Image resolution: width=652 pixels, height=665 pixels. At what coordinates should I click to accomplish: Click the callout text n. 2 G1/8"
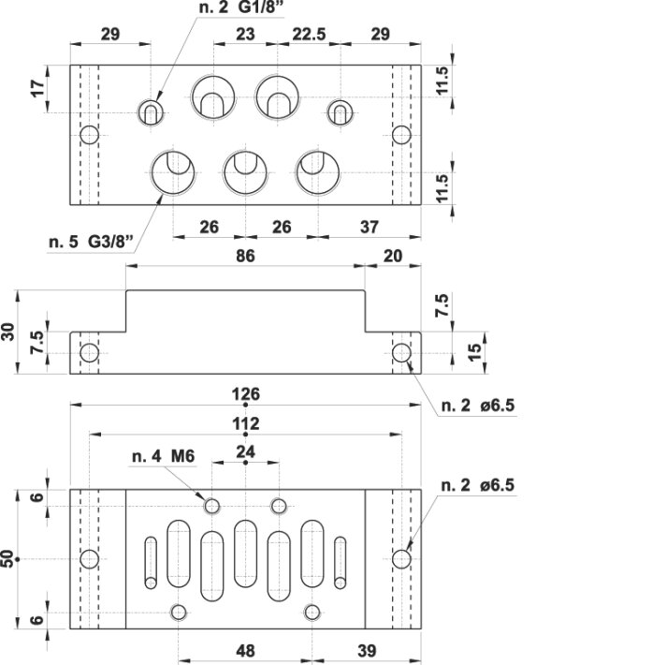point(241,7)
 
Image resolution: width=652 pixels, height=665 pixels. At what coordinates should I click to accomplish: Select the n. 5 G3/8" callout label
point(91,242)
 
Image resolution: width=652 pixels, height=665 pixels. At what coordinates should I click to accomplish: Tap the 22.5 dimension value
point(310,34)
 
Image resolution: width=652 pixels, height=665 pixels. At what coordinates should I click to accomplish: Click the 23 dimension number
point(245,34)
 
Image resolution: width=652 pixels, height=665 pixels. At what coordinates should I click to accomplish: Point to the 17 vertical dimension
point(37,89)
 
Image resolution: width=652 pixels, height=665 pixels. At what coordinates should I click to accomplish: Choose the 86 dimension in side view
point(245,256)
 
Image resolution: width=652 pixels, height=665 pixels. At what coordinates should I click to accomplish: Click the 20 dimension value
point(393,256)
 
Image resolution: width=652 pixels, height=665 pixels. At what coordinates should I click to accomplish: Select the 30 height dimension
point(8,332)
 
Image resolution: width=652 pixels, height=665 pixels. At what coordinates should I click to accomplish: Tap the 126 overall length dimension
point(246,394)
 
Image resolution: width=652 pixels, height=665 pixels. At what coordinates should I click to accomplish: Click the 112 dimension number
point(246,423)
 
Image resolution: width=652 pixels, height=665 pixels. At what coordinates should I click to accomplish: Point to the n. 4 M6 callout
point(163,456)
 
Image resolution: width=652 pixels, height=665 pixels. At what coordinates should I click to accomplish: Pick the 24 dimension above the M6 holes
point(246,452)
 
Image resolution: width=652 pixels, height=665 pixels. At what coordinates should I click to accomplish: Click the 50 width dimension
point(8,558)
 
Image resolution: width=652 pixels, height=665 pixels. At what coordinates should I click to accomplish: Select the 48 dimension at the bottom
point(245,650)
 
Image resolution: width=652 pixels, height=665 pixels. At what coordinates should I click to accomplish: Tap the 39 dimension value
point(367,650)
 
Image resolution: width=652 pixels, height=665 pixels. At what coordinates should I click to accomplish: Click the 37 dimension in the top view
point(369,228)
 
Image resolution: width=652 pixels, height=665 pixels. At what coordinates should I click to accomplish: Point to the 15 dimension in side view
point(475,352)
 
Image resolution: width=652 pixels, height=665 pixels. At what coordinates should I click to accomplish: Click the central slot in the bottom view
point(245,554)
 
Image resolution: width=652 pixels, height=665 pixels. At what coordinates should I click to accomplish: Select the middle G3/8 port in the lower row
point(245,173)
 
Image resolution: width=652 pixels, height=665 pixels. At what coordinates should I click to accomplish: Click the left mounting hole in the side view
point(90,353)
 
